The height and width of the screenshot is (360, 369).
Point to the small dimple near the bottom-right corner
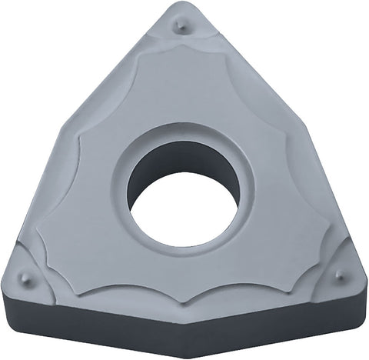coord(340,275)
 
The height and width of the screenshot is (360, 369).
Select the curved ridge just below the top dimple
coord(181,48)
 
